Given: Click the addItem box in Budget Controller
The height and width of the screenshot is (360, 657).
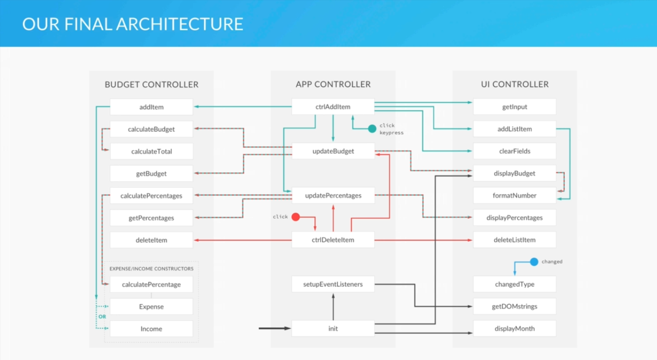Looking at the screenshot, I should pyautogui.click(x=151, y=107).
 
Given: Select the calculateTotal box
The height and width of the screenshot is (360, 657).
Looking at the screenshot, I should pyautogui.click(x=151, y=151).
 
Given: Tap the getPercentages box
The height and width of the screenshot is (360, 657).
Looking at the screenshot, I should pyautogui.click(x=151, y=218).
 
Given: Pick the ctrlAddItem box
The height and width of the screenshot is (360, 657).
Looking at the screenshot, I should pyautogui.click(x=333, y=107).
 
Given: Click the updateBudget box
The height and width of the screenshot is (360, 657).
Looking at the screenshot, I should pyautogui.click(x=333, y=151).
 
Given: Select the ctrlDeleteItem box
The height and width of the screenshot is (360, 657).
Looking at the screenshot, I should pyautogui.click(x=333, y=240).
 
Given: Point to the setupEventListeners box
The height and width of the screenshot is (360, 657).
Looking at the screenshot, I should pyautogui.click(x=333, y=284).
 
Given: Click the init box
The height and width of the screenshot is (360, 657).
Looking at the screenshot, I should pyautogui.click(x=333, y=329).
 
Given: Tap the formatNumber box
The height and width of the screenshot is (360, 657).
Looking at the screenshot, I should pyautogui.click(x=514, y=196).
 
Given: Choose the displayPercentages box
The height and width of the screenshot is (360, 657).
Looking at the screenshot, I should pyautogui.click(x=514, y=218).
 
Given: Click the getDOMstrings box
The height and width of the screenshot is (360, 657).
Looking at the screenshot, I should pyautogui.click(x=514, y=306).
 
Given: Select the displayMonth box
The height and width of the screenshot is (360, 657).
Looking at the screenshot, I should pyautogui.click(x=514, y=329).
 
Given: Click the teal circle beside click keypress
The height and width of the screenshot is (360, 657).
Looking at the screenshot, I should pyautogui.click(x=372, y=129).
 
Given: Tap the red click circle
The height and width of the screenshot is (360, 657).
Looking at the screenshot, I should pyautogui.click(x=295, y=217).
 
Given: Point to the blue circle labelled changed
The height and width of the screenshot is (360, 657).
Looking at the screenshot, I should pyautogui.click(x=534, y=262).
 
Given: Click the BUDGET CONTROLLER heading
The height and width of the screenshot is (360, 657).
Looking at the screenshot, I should pyautogui.click(x=151, y=84).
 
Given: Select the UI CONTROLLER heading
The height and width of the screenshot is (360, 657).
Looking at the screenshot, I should pyautogui.click(x=514, y=84).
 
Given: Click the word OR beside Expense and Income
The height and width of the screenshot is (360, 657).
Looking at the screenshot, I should pyautogui.click(x=102, y=317).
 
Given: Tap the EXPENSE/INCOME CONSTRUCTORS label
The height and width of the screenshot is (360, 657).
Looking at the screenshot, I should pyautogui.click(x=151, y=269).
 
